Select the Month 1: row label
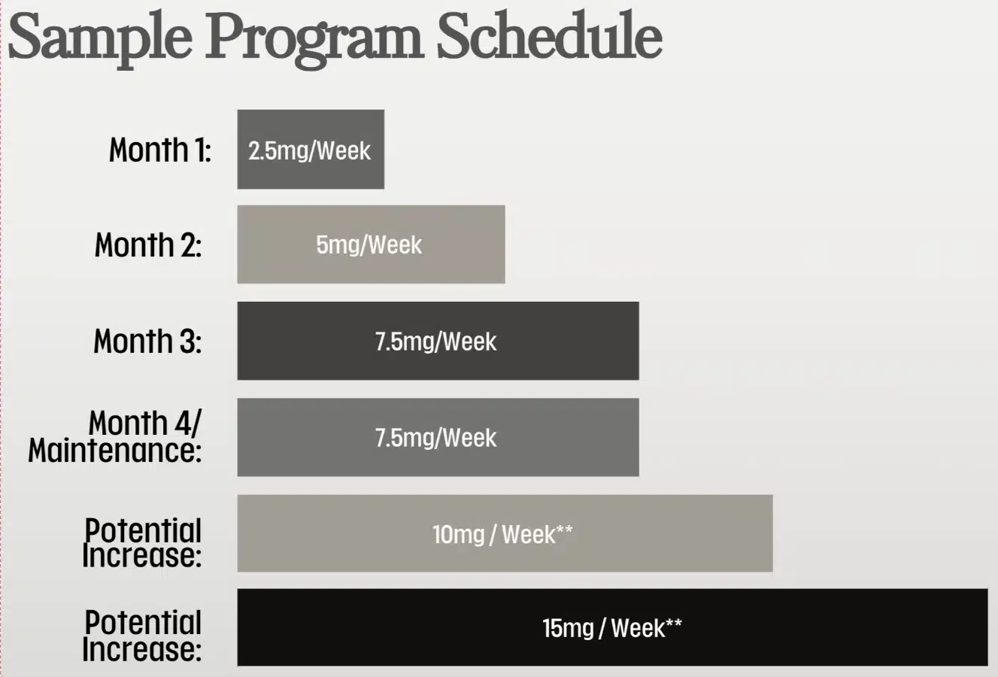[159, 150]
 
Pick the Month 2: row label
[148, 245]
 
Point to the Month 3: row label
[147, 342]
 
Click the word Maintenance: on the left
[115, 451]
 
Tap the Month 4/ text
[145, 424]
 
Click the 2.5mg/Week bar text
[309, 150]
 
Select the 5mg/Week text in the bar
[369, 245]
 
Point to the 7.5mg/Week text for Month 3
[435, 342]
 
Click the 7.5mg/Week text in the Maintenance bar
[435, 438]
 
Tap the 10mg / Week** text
[502, 535]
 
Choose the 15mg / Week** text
[611, 628]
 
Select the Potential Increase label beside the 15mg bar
[142, 636]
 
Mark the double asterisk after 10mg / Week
[565, 531]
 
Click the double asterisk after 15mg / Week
[674, 624]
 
